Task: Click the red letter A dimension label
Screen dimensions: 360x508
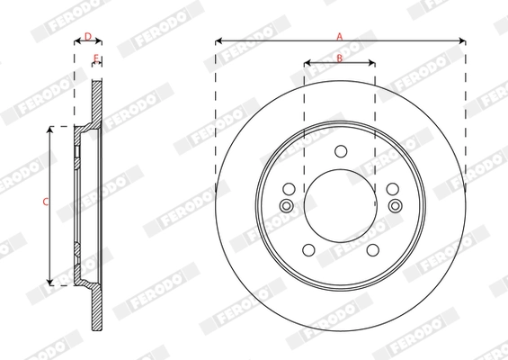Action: click(x=340, y=36)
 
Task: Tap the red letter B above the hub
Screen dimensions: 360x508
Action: click(x=340, y=58)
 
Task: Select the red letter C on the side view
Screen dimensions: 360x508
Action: click(x=46, y=202)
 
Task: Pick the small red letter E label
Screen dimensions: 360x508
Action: click(x=95, y=58)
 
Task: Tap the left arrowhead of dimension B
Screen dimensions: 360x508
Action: click(x=307, y=63)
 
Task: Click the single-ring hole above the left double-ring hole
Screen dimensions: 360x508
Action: click(x=289, y=189)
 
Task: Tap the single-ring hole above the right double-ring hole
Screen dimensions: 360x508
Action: click(x=392, y=189)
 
